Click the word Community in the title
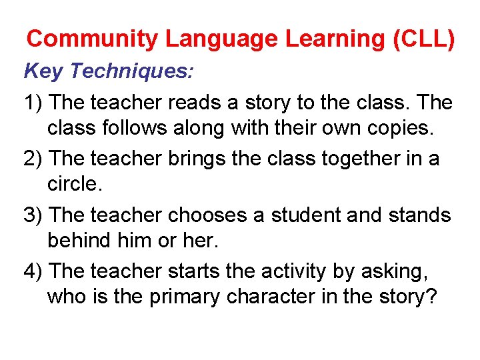click(x=92, y=39)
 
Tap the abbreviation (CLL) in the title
click(x=424, y=39)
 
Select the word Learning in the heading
click(x=337, y=39)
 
